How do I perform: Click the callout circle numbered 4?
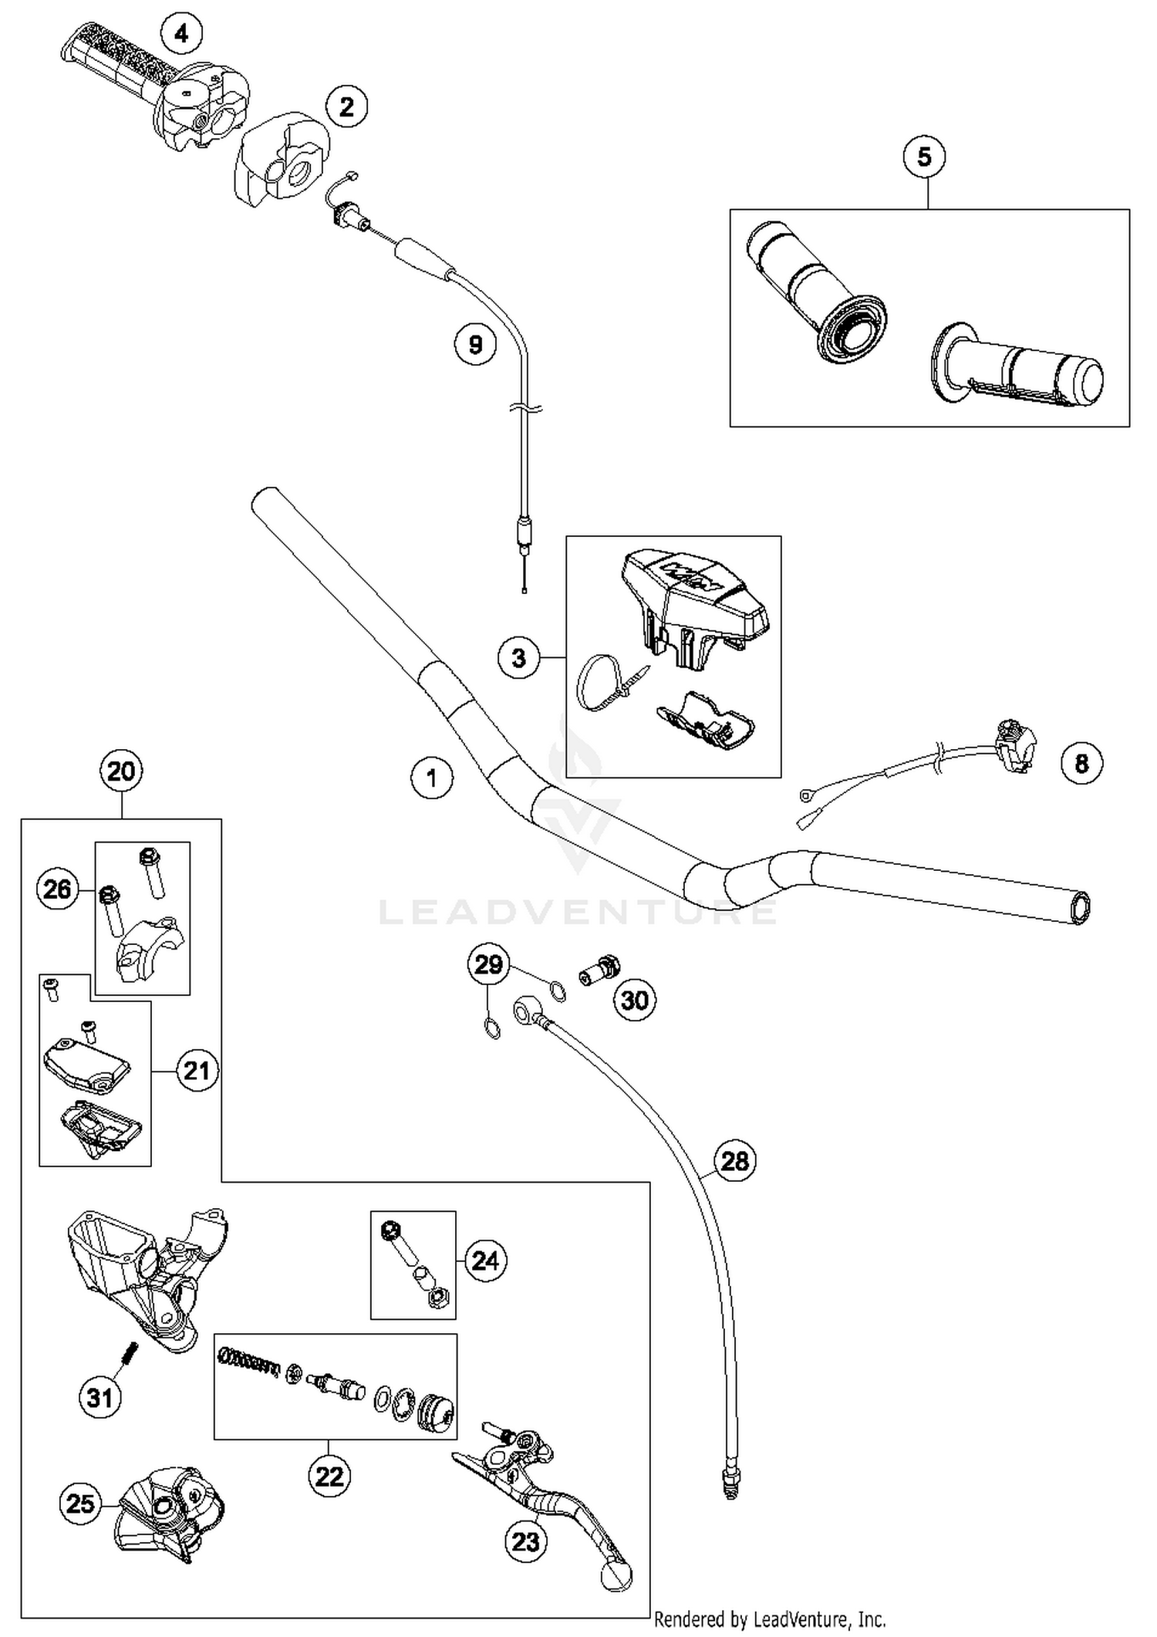pos(180,34)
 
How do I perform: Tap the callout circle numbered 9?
pos(475,344)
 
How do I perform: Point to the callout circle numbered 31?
pos(100,1397)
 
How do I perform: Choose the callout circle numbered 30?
pos(634,1000)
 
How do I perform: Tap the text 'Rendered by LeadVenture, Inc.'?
pos(769,1618)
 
